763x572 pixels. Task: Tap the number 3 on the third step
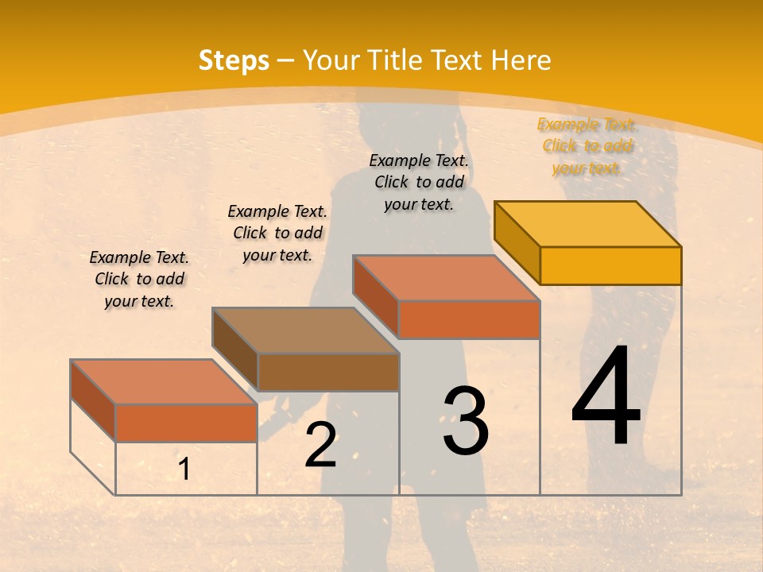coord(466,421)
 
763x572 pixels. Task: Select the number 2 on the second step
coord(320,445)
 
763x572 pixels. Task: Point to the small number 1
coord(184,470)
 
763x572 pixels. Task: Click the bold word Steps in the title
coord(234,60)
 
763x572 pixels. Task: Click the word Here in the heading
coord(521,60)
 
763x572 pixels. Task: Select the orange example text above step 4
coord(587,146)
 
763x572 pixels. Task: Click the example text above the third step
coord(419,182)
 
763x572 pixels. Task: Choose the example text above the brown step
coord(277,233)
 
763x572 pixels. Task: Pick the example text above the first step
coord(139,279)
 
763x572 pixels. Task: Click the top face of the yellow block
coord(588,223)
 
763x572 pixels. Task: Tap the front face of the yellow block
coord(610,265)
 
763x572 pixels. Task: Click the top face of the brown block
coord(305,330)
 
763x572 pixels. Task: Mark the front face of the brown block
coord(328,372)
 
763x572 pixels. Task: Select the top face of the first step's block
coord(164,381)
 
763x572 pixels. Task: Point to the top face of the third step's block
coord(446,278)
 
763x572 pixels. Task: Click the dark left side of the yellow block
coord(517,243)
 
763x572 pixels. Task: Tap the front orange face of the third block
coord(469,319)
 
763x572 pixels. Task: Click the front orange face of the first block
coord(186,423)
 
